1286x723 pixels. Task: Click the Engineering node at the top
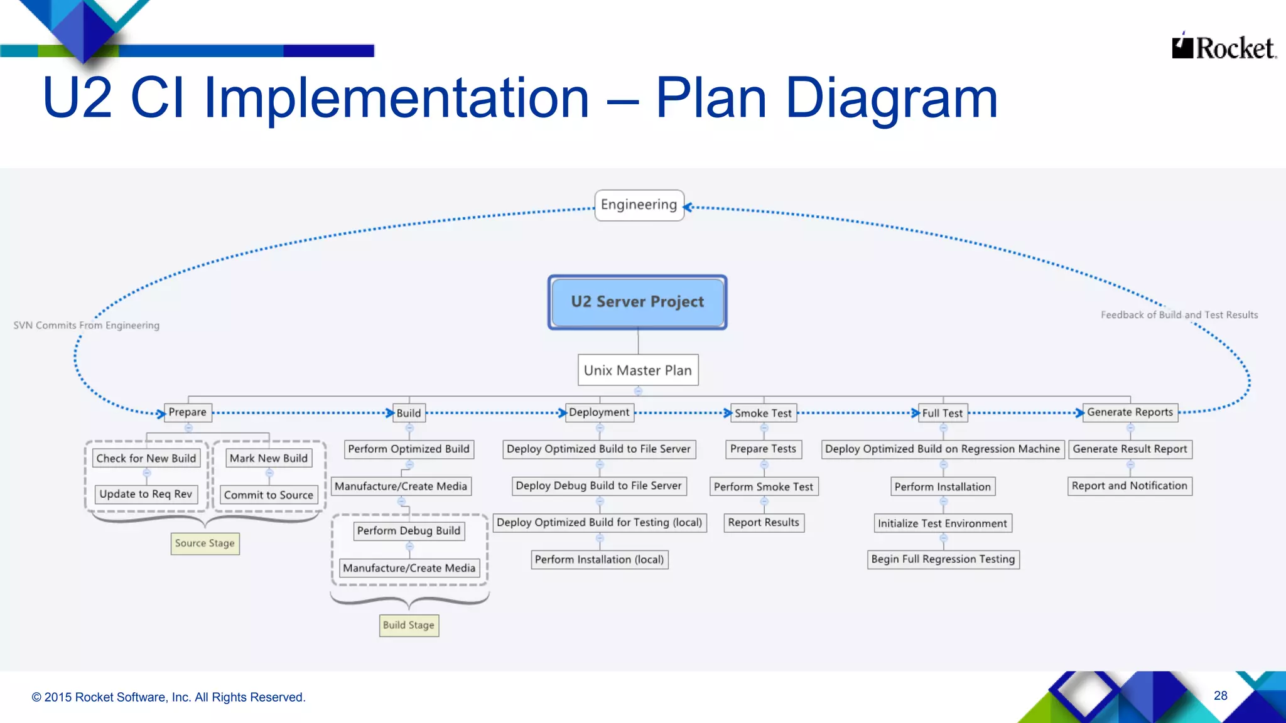pos(639,205)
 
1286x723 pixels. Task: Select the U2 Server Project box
pos(637,302)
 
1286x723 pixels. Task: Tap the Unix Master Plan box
pos(638,370)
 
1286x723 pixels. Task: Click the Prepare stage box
pos(188,412)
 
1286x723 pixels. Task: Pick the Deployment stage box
pos(599,412)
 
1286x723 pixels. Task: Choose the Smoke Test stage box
pos(764,413)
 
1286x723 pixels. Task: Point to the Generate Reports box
pos(1130,412)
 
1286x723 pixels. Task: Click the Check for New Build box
pos(146,458)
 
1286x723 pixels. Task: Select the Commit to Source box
pos(269,495)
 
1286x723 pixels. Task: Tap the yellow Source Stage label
pos(205,544)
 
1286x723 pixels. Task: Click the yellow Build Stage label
pos(409,625)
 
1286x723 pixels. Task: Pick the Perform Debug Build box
pos(409,531)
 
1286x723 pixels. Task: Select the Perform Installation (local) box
pos(600,559)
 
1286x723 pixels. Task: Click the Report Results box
pos(764,523)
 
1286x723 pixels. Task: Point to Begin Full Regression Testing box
pos(943,559)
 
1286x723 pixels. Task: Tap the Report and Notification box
pos(1130,486)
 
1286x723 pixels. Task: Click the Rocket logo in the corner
pos(1224,48)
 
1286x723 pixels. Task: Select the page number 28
pos(1221,695)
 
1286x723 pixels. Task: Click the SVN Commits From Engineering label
pos(87,325)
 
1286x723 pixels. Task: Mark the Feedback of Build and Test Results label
pos(1179,315)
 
